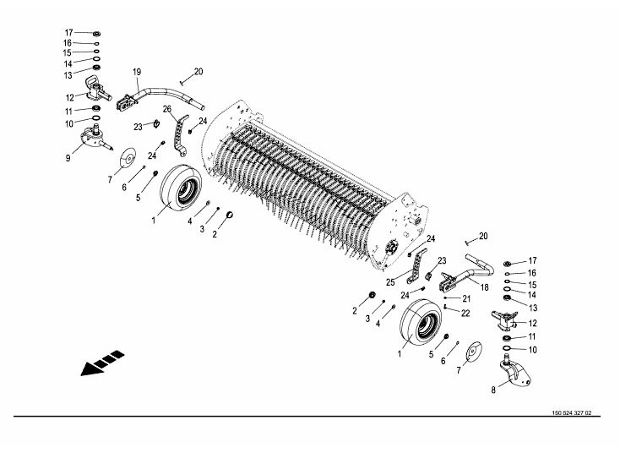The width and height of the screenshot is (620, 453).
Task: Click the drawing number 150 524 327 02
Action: (x=572, y=412)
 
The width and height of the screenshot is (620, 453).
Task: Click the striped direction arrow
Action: (x=102, y=363)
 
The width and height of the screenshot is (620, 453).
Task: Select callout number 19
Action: (x=137, y=72)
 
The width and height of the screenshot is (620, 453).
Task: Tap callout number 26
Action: (x=167, y=109)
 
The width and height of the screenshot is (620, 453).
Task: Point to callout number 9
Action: (x=68, y=158)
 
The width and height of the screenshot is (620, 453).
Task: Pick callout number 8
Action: (x=493, y=390)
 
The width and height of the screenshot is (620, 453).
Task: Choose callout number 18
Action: (x=484, y=287)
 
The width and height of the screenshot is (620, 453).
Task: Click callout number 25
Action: (x=390, y=282)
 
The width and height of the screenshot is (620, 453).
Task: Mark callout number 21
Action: (x=466, y=298)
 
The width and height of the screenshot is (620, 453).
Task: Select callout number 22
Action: (x=465, y=313)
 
